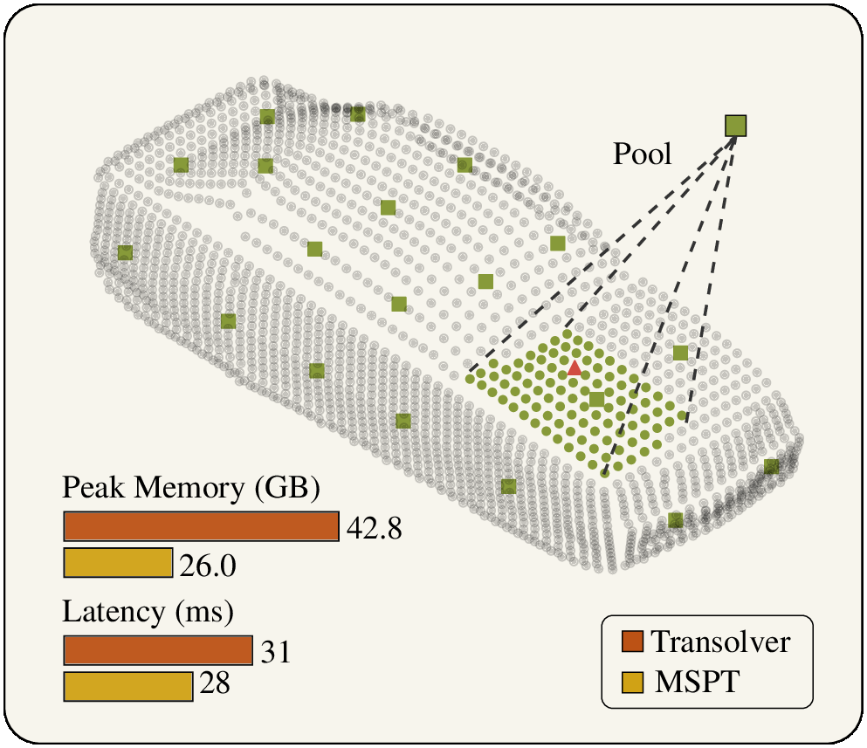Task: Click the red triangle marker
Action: pos(574,368)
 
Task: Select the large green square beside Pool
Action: pos(736,126)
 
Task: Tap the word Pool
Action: pos(643,154)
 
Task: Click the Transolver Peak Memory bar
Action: pos(201,526)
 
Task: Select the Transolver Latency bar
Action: pos(158,650)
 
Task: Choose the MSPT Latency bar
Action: pos(128,686)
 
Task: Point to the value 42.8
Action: pos(375,528)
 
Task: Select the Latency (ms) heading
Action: pos(148,612)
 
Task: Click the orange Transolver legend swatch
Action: pos(632,642)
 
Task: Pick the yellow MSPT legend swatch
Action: pos(632,680)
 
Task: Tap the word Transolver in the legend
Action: pos(721,642)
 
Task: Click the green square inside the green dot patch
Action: pos(595,399)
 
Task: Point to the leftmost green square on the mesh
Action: pos(125,252)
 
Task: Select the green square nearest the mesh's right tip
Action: pos(771,466)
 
